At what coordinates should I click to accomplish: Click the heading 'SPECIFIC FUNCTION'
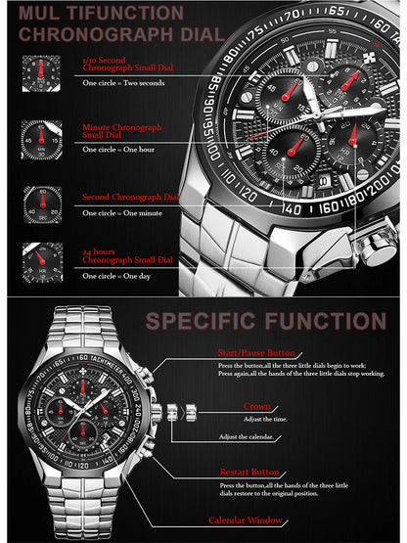[x=265, y=321]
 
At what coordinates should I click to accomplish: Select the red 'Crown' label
[x=257, y=405]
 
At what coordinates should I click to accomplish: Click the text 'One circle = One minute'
[x=119, y=212]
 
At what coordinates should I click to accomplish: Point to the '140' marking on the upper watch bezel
[x=292, y=207]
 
